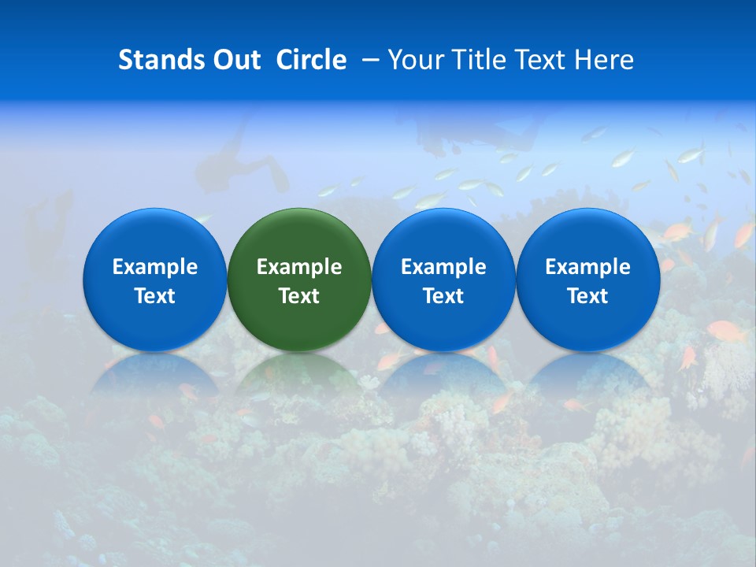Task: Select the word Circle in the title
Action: [311, 61]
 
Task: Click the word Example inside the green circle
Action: [299, 267]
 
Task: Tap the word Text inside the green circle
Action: [299, 296]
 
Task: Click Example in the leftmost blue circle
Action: [154, 267]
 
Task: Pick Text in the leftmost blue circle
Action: [154, 296]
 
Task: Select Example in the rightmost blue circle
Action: [587, 267]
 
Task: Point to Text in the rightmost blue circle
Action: [587, 296]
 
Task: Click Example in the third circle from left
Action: [443, 267]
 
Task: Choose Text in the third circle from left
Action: [443, 296]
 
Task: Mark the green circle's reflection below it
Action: [298, 375]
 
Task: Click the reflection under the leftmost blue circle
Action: [154, 375]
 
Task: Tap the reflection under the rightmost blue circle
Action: [587, 375]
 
